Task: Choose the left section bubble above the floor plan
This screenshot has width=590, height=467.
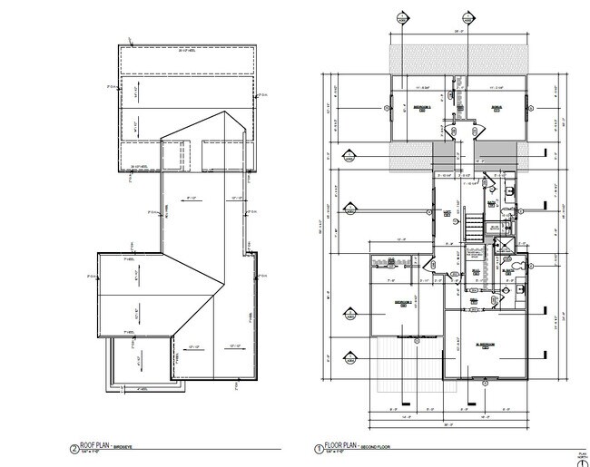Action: click(403, 15)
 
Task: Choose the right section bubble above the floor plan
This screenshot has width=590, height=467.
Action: click(467, 15)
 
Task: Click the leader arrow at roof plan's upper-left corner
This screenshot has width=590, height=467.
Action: click(133, 39)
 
